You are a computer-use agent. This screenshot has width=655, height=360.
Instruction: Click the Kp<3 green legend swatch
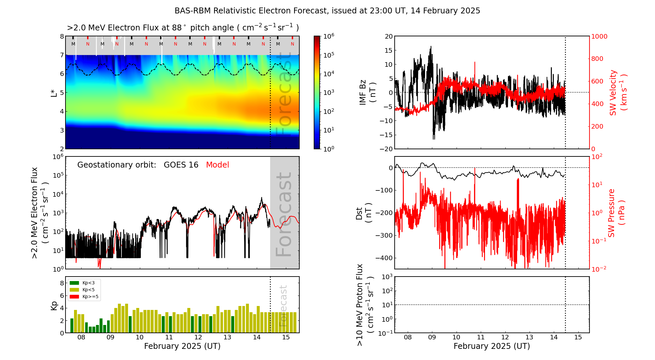click(74, 283)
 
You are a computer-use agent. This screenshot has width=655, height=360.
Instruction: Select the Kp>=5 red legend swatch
click(74, 297)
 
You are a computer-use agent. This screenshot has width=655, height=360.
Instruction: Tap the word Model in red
click(217, 165)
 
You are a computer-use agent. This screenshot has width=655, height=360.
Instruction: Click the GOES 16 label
click(181, 165)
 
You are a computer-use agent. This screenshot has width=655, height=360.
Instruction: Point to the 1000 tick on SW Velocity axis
click(599, 36)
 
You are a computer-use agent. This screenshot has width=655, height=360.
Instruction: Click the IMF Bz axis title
click(367, 92)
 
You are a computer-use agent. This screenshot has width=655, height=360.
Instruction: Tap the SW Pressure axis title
click(616, 213)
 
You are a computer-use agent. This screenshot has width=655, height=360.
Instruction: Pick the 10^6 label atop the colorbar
click(328, 36)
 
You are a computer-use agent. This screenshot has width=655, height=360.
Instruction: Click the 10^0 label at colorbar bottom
click(328, 149)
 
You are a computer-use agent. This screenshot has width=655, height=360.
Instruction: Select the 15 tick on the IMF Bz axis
click(388, 50)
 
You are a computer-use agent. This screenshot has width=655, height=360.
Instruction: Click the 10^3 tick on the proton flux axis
click(388, 277)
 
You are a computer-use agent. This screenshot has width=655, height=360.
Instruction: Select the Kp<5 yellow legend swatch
click(74, 290)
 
